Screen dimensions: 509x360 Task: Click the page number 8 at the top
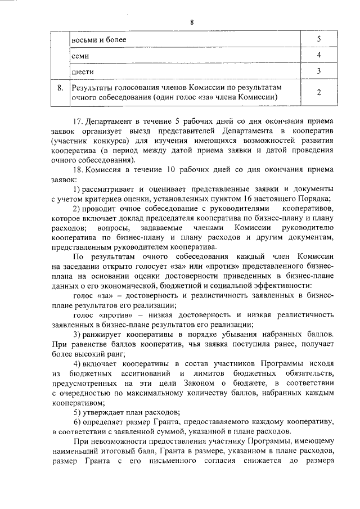tap(191, 22)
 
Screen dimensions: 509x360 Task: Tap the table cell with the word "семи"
tap(80, 56)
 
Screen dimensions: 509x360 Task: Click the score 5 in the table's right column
tap(319, 40)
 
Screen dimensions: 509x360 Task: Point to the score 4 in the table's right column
tap(319, 56)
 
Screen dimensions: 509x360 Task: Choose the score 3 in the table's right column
tap(319, 71)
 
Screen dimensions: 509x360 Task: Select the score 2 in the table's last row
tap(319, 92)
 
